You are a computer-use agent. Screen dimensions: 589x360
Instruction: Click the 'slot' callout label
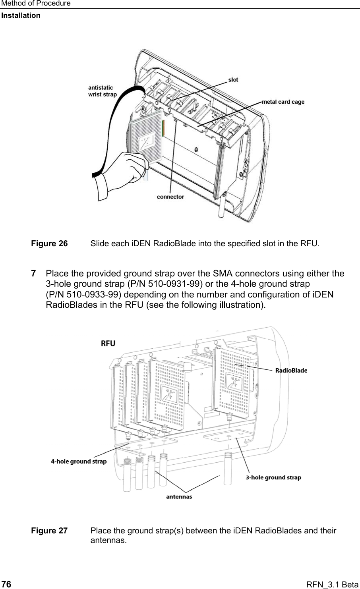(233, 80)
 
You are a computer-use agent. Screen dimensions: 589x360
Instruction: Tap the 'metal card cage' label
(283, 102)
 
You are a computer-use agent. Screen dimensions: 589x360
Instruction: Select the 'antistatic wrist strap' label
(102, 91)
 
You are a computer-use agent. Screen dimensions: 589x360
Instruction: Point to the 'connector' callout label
(170, 197)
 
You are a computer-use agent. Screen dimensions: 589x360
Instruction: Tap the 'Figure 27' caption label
(50, 531)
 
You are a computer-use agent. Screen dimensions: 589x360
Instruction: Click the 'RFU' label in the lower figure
(108, 344)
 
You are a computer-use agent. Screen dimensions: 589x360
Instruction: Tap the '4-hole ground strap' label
(79, 461)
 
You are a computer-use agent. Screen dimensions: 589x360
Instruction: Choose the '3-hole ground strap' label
(273, 477)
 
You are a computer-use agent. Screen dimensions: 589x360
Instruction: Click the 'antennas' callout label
(178, 496)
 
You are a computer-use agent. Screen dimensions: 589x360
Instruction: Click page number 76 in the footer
(6, 584)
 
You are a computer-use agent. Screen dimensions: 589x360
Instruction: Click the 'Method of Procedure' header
(36, 4)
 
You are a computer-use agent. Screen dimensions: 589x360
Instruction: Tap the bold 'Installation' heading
(21, 15)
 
